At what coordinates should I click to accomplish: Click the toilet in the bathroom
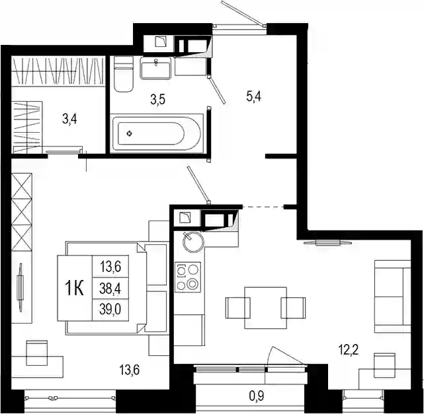pyautogui.click(x=124, y=74)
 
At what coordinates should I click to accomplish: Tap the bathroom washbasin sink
pyautogui.click(x=155, y=68)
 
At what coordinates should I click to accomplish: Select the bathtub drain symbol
pyautogui.click(x=130, y=133)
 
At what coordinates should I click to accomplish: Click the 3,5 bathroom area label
pyautogui.click(x=158, y=100)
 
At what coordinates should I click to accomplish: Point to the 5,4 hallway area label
pyautogui.click(x=253, y=96)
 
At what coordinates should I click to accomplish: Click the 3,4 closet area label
pyautogui.click(x=69, y=119)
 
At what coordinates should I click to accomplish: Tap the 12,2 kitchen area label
pyautogui.click(x=349, y=351)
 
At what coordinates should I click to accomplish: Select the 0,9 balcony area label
pyautogui.click(x=257, y=396)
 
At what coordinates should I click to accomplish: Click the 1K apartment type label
pyautogui.click(x=74, y=289)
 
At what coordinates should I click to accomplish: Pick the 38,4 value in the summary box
pyautogui.click(x=110, y=289)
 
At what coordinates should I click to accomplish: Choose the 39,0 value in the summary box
pyautogui.click(x=110, y=310)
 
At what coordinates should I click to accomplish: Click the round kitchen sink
pyautogui.click(x=193, y=242)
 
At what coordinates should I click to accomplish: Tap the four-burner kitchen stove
pyautogui.click(x=188, y=277)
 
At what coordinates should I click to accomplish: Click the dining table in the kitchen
pyautogui.click(x=265, y=308)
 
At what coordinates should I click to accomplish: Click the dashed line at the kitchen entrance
pyautogui.click(x=263, y=207)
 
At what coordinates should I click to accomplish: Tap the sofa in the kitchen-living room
pyautogui.click(x=393, y=296)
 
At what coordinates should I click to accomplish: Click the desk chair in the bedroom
pyautogui.click(x=37, y=353)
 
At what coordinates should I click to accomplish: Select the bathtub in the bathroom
pyautogui.click(x=157, y=133)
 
